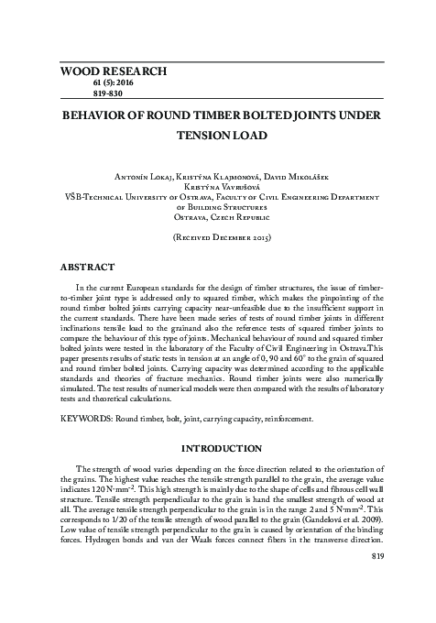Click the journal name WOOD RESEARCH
coord(113,71)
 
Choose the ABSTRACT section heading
coord(87,267)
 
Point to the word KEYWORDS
coord(87,421)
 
